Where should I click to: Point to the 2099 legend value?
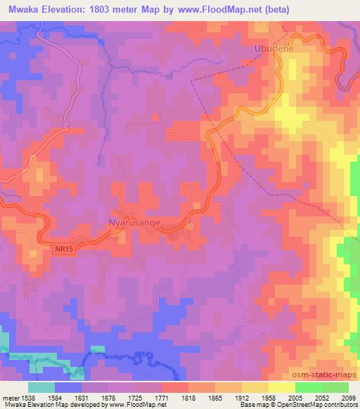(x=348, y=398)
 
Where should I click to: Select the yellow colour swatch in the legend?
(x=281, y=387)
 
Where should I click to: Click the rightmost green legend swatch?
(x=335, y=387)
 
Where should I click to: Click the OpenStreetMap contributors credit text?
(x=309, y=405)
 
